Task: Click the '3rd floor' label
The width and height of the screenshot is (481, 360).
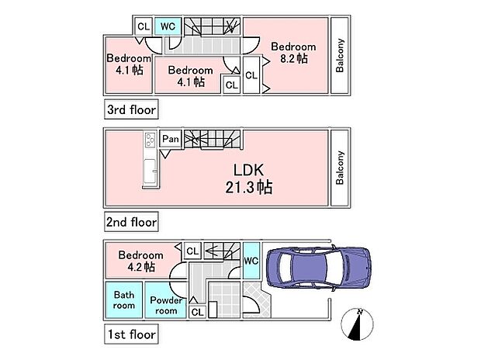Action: [x=130, y=109]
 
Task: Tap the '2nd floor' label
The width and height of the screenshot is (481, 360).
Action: [x=130, y=223]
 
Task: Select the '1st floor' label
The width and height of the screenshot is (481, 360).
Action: [x=130, y=336]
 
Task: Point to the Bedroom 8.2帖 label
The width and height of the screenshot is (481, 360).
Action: [x=292, y=52]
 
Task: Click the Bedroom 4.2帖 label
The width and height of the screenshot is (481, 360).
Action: [x=140, y=261]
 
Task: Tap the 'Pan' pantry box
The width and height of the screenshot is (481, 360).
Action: [x=171, y=140]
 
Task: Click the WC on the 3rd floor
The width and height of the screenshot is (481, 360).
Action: [x=168, y=26]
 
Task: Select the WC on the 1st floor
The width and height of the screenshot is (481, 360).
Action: [x=251, y=261]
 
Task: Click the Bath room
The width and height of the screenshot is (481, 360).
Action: [x=124, y=299]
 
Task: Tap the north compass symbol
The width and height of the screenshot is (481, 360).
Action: [x=358, y=324]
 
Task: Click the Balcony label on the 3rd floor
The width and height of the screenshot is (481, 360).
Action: [x=340, y=56]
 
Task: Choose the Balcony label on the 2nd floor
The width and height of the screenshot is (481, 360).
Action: [x=340, y=168]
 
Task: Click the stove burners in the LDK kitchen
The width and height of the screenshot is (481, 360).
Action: [x=149, y=140]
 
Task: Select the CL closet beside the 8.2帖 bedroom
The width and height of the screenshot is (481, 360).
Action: [x=251, y=75]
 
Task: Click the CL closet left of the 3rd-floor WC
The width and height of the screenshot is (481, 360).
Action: [x=143, y=26]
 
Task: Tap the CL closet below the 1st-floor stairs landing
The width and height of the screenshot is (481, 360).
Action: [x=197, y=311]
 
